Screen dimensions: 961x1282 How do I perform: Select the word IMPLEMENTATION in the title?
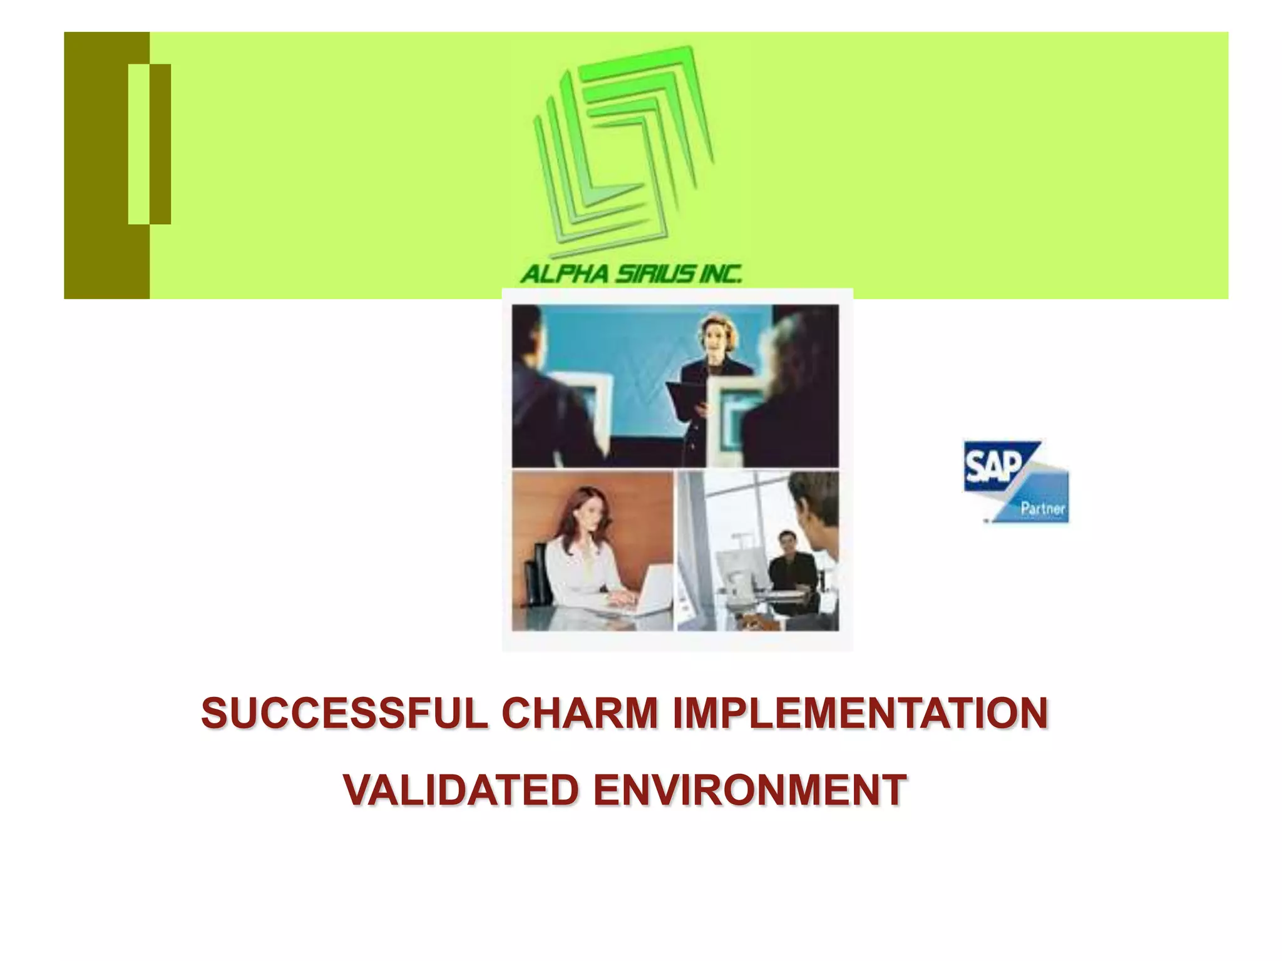[x=860, y=714]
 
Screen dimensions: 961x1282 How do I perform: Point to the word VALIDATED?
[x=460, y=790]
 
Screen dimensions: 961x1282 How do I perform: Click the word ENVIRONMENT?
[x=750, y=790]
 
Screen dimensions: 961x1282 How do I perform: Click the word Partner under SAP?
[x=1042, y=508]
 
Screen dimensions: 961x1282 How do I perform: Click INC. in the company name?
[x=720, y=274]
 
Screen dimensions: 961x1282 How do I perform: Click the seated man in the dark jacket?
[x=792, y=566]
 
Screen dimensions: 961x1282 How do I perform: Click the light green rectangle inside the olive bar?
[x=138, y=143]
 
